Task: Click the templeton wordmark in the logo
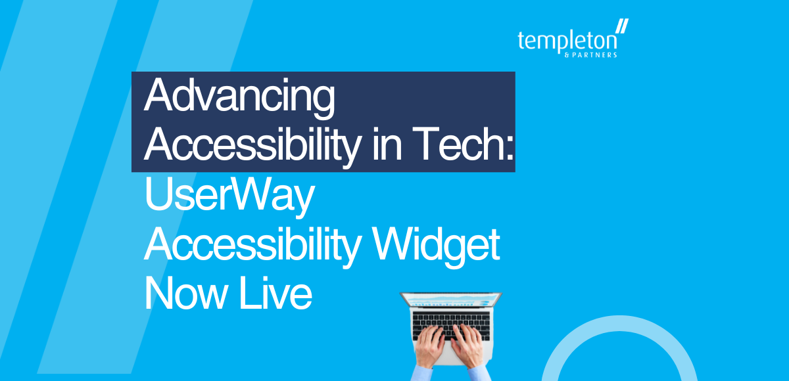click(567, 41)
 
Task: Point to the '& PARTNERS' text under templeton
click(596, 55)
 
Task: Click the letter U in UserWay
click(155, 197)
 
